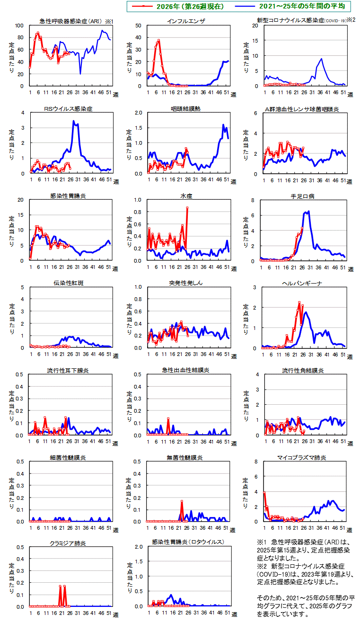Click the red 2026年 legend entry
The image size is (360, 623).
pyautogui.click(x=178, y=6)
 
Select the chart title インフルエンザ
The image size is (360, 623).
pyautogui.click(x=186, y=21)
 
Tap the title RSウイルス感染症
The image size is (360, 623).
pyautogui.click(x=68, y=109)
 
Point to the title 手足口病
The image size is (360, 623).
pyautogui.click(x=302, y=196)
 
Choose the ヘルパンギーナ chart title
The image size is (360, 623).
pyautogui.click(x=302, y=283)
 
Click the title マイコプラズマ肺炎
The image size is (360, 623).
pyautogui.click(x=302, y=457)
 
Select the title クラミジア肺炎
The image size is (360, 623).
pyautogui.click(x=68, y=543)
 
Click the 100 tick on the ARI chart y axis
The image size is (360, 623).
pyautogui.click(x=19, y=26)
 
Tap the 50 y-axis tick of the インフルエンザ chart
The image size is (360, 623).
pyautogui.click(x=138, y=26)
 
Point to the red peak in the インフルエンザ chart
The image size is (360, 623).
pyautogui.click(x=159, y=40)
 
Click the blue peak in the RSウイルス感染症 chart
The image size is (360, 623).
pyautogui.click(x=74, y=121)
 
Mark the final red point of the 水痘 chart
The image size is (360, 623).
pyautogui.click(x=187, y=207)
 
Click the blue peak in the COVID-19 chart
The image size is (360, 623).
pyautogui.click(x=321, y=59)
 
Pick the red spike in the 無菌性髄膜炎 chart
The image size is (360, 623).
pyautogui.click(x=182, y=501)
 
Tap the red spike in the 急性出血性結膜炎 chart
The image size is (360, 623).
pyautogui.click(x=168, y=418)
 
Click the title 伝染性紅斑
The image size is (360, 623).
pyautogui.click(x=69, y=283)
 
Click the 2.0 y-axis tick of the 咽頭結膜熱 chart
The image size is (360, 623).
pyautogui.click(x=139, y=113)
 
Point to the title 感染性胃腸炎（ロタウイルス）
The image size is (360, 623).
pyautogui.click(x=188, y=542)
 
